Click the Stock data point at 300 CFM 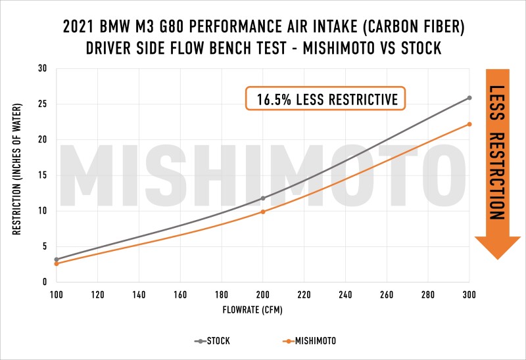pos(469,98)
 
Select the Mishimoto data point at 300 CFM pos(469,124)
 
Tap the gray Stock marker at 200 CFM pos(263,198)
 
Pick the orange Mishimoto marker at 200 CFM pos(263,212)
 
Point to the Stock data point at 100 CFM pos(57,259)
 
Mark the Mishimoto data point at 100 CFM pos(57,263)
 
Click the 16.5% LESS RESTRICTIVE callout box pos(325,99)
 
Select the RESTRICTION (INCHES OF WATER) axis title pos(16,175)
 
